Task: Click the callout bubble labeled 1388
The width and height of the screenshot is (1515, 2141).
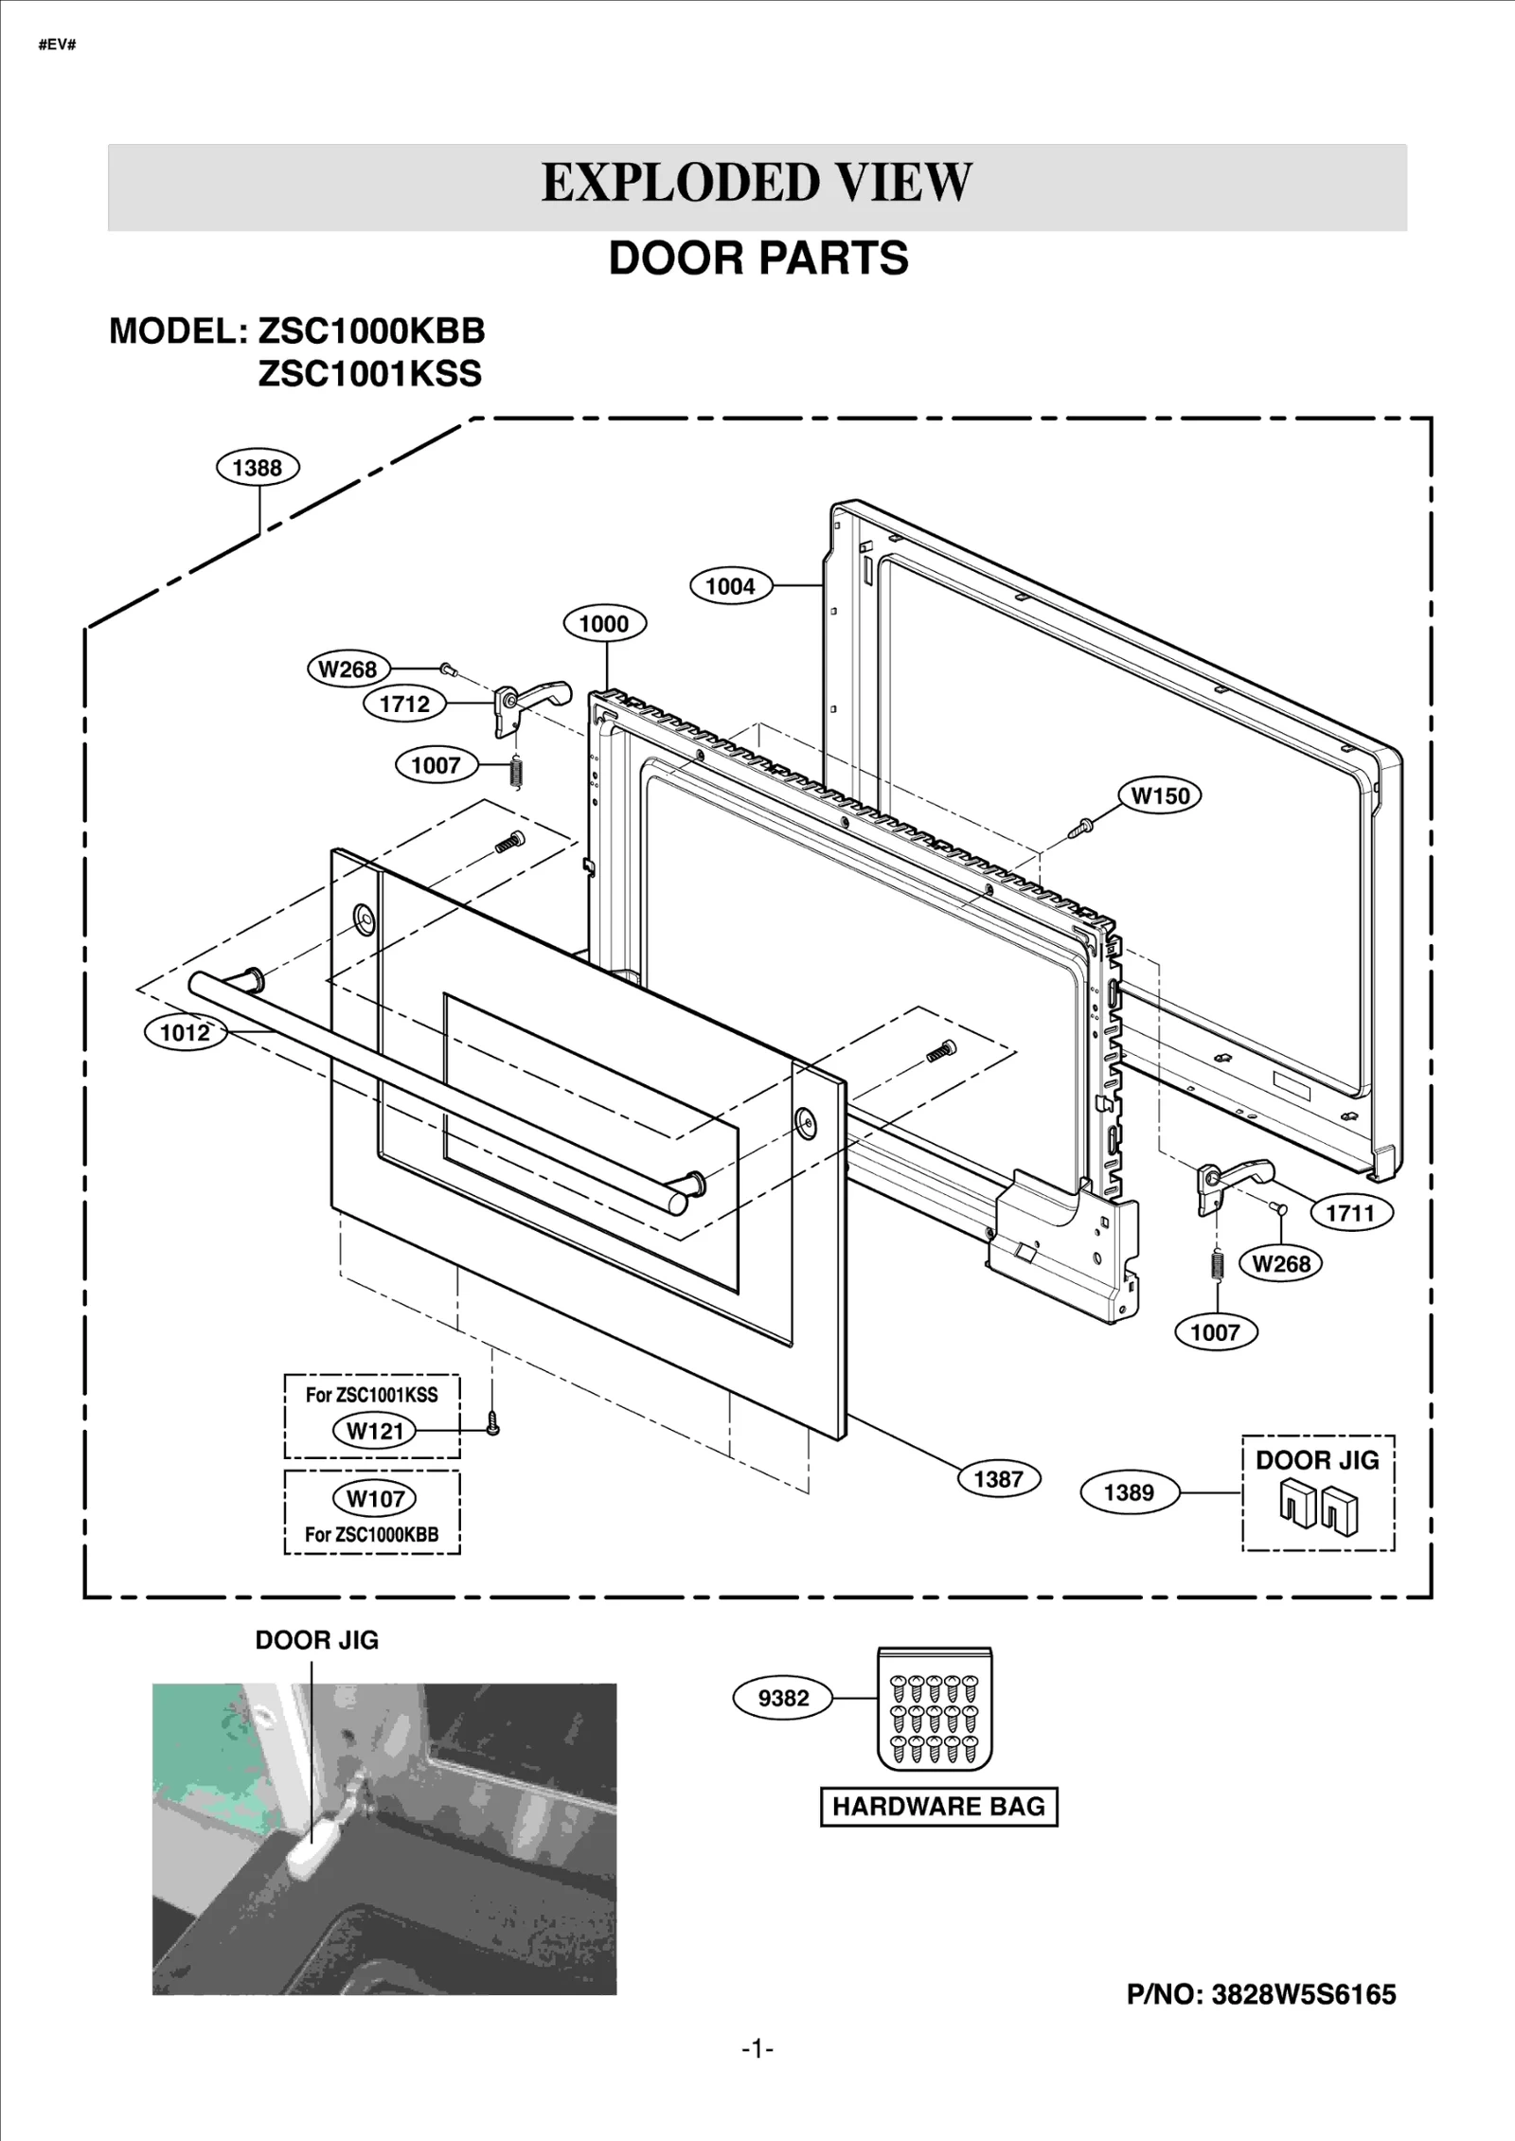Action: pos(258,467)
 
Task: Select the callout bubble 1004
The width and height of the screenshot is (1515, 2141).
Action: pos(730,586)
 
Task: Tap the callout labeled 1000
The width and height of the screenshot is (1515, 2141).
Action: pos(604,623)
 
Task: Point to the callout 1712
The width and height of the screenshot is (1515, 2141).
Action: pos(404,704)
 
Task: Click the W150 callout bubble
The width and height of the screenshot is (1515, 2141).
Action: pos(1160,795)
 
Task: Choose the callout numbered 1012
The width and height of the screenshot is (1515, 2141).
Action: pos(185,1032)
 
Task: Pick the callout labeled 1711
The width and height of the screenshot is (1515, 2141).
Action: pos(1350,1212)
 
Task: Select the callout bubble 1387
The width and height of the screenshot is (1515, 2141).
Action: pos(998,1479)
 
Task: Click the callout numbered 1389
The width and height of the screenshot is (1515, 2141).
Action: pos(1129,1492)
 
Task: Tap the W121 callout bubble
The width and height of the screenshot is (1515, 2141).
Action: pos(375,1431)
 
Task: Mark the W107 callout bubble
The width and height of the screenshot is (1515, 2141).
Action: pos(375,1498)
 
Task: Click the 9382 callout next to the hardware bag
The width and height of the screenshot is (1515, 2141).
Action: pos(784,1698)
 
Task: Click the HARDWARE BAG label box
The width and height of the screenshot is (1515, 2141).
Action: pos(938,1807)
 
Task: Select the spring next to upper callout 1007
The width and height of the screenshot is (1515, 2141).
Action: pos(516,771)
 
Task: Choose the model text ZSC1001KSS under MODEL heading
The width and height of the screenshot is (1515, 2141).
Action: pos(370,374)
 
